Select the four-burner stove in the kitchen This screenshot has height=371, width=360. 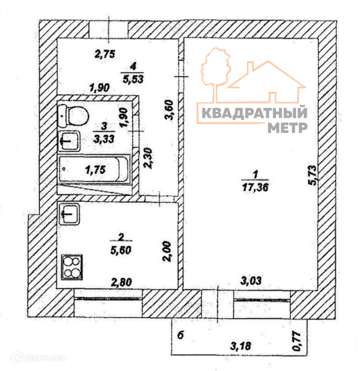click(x=72, y=267)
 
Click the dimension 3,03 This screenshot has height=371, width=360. click(x=252, y=280)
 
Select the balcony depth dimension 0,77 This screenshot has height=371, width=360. click(x=296, y=342)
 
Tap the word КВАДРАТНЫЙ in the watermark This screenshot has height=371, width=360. click(x=253, y=114)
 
